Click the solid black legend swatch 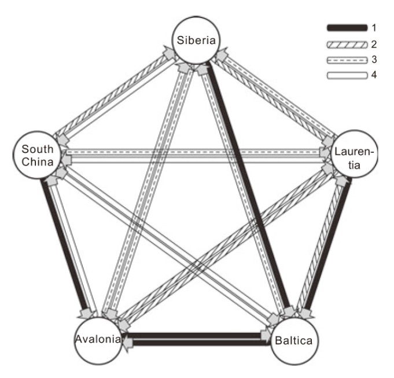click(x=347, y=27)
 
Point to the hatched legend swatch click(x=347, y=43)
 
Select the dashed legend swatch click(x=347, y=60)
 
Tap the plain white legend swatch click(x=347, y=75)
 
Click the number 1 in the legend click(x=375, y=27)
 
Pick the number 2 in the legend click(x=375, y=43)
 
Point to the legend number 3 click(x=375, y=60)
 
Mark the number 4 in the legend click(x=375, y=75)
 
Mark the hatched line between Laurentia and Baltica click(x=322, y=243)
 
